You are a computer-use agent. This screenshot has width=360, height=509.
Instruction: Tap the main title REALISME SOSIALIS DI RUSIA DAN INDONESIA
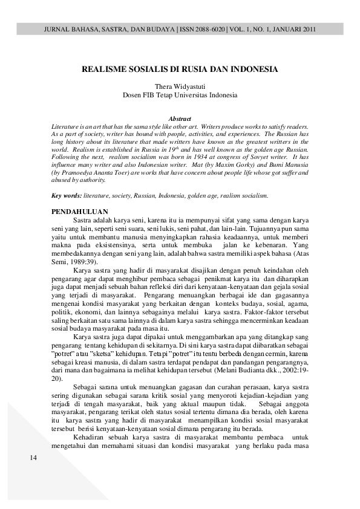[x=180, y=69]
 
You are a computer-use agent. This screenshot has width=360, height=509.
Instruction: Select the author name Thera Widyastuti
[x=180, y=86]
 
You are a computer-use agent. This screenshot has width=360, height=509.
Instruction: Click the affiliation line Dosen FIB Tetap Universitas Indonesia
[x=180, y=95]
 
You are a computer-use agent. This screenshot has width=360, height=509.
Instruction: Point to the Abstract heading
[x=180, y=118]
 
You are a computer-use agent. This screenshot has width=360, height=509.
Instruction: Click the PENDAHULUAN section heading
[x=79, y=212]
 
